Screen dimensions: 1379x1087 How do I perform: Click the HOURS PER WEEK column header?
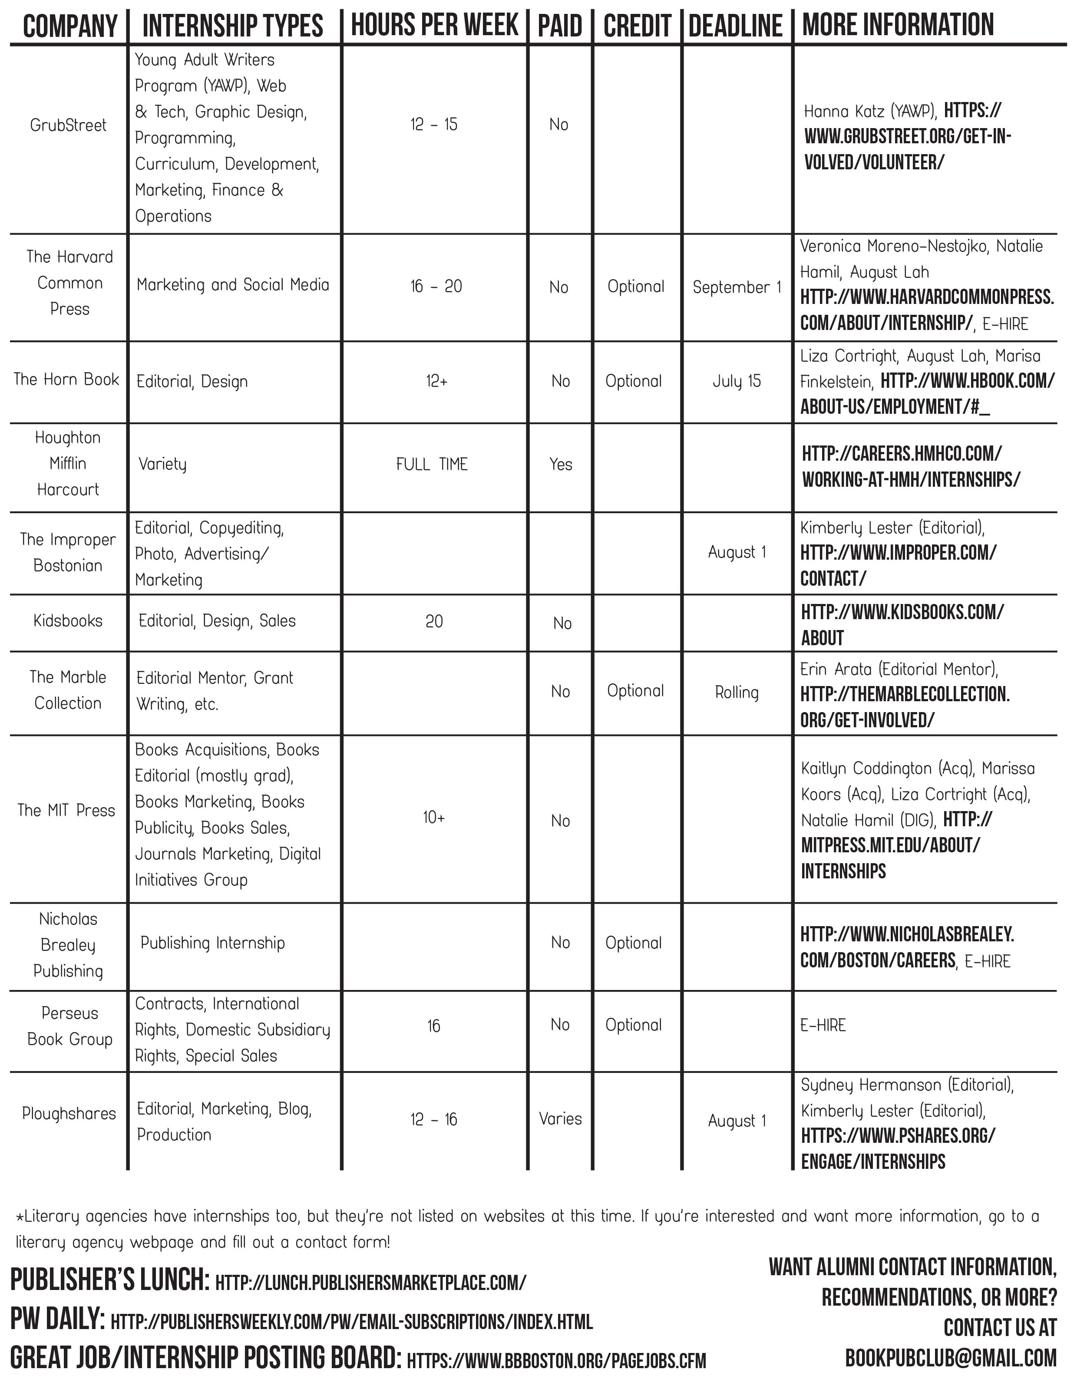click(435, 26)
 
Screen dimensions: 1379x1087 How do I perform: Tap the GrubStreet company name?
click(68, 125)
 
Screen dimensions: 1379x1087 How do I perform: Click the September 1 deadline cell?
click(737, 287)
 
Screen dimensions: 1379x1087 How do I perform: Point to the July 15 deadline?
click(737, 381)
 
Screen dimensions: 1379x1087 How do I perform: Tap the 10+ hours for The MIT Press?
click(434, 817)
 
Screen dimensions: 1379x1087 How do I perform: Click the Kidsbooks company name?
click(68, 621)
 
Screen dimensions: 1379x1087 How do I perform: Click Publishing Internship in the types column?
click(212, 943)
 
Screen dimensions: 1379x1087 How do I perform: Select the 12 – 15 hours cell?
click(434, 124)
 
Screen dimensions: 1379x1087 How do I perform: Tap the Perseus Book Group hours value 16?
click(433, 1025)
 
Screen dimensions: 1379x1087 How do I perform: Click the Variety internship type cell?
click(163, 464)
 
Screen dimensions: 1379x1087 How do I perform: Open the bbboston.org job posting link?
click(556, 1360)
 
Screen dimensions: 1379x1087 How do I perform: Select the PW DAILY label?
click(57, 1320)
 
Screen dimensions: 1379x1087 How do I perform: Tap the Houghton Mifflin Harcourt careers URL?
click(911, 466)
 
